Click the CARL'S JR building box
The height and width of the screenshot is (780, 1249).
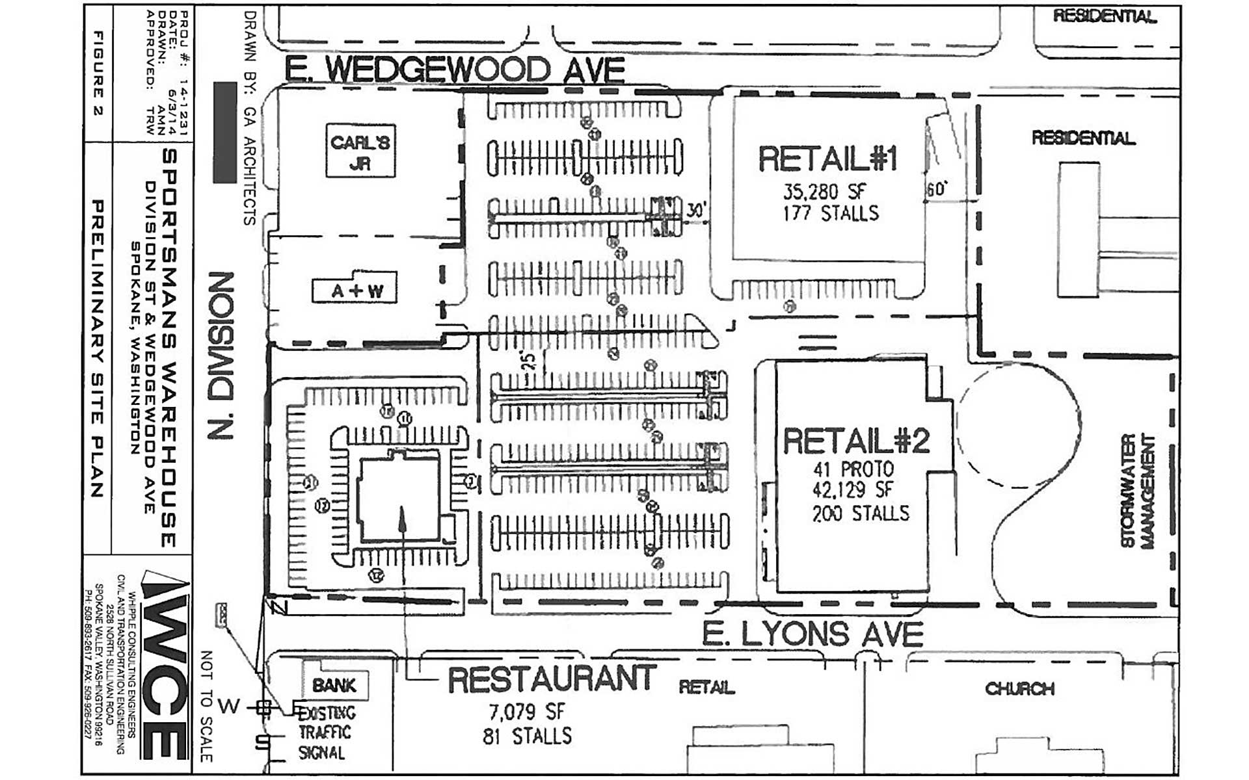pos(360,151)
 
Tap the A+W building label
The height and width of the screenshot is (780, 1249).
pos(355,291)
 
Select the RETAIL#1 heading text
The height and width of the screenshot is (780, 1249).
pos(828,159)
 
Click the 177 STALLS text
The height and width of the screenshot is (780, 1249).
pos(831,213)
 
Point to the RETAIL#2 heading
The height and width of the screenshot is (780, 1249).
pos(856,441)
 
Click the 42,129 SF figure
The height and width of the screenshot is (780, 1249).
pos(853,490)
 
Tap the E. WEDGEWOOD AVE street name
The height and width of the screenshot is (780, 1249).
pos(455,70)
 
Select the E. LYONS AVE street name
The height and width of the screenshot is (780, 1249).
pos(813,634)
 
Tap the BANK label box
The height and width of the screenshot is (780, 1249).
pos(335,685)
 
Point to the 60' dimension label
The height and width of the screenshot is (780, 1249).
pos(935,189)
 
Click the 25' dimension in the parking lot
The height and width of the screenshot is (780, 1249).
pos(528,359)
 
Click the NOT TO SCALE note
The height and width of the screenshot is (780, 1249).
pos(206,705)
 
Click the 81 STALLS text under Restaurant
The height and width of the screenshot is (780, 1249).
pos(527,736)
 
